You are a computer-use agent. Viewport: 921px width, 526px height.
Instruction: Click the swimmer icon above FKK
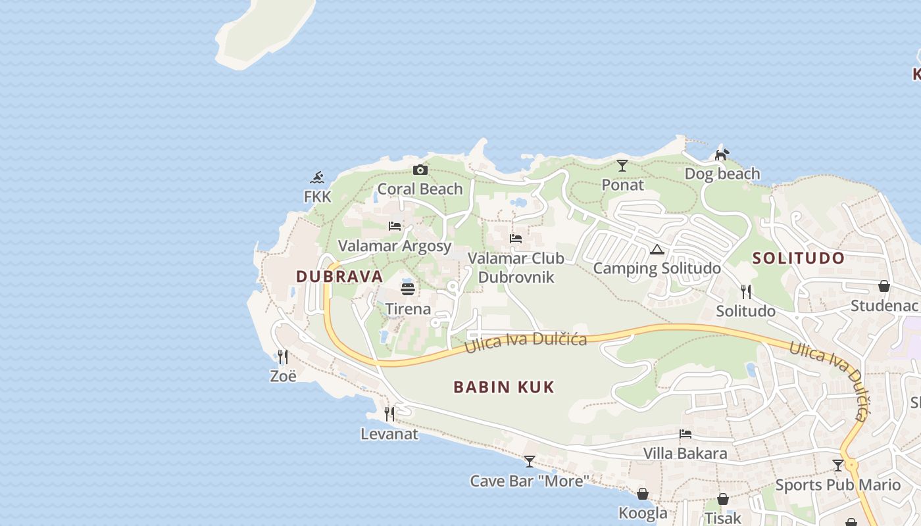click(318, 178)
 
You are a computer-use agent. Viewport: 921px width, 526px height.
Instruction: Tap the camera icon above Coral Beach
click(420, 170)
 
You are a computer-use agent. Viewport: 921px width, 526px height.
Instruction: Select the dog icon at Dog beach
click(722, 155)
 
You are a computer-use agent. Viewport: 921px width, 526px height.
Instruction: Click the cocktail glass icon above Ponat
click(622, 166)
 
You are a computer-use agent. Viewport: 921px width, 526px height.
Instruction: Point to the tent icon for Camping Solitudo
click(657, 249)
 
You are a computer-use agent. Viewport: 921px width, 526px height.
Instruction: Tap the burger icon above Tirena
click(408, 289)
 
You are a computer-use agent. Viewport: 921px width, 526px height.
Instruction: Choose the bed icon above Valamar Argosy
click(395, 226)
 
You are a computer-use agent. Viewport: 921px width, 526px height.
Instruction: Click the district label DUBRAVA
click(339, 277)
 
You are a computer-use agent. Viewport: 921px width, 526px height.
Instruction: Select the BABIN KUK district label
click(504, 387)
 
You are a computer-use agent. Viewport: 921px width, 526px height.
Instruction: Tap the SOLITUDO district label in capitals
click(798, 258)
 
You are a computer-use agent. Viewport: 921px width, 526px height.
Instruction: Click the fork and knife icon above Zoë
click(283, 357)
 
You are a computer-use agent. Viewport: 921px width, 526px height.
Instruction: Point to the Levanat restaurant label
click(389, 434)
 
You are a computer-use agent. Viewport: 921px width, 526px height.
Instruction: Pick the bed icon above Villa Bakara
click(685, 434)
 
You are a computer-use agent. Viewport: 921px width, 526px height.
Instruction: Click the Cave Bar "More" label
click(530, 481)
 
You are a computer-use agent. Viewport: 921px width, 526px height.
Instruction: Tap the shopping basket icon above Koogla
click(643, 494)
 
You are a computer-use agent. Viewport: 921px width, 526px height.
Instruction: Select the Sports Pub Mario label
click(837, 485)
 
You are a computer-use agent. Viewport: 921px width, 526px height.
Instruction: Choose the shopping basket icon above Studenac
click(884, 286)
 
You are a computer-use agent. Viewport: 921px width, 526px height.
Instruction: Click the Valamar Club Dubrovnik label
click(516, 268)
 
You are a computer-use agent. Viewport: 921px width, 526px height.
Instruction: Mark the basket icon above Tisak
click(723, 499)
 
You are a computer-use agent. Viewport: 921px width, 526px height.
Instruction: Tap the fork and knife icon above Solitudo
click(745, 291)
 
